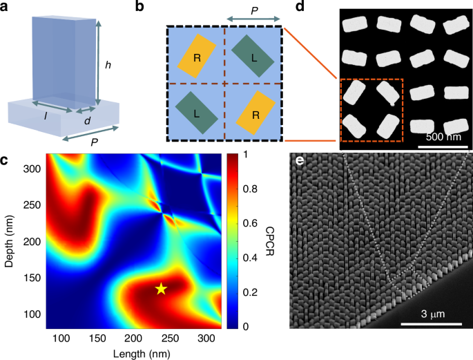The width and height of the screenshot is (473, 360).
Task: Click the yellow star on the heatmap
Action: coord(161,289)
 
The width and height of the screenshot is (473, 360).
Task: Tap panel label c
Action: coord(6,162)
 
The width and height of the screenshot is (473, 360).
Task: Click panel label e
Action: coord(298,163)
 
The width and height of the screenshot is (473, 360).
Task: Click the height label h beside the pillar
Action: coord(107,66)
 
